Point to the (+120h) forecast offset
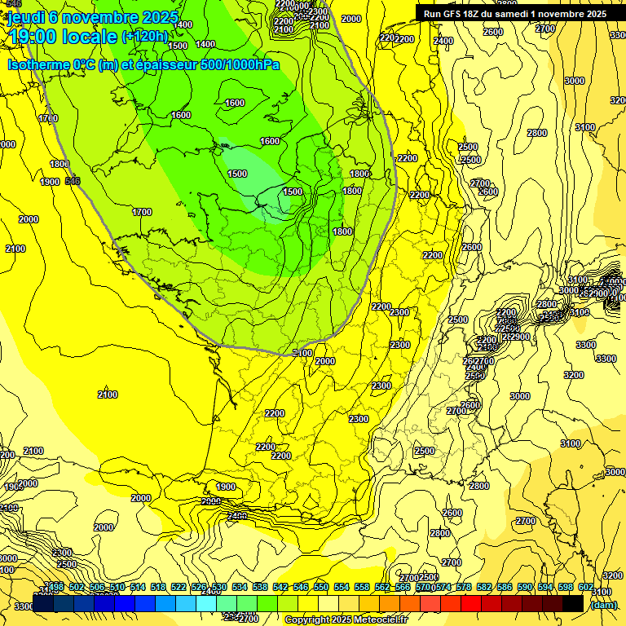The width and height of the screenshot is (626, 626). (144, 36)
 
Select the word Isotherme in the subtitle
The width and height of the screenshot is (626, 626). (38, 64)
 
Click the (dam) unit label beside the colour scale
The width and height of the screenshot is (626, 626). (603, 605)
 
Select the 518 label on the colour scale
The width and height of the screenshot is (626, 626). (159, 587)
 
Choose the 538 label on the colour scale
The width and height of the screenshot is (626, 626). (260, 587)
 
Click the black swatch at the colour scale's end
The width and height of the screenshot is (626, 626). (573, 603)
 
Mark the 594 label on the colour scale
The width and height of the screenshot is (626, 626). (545, 587)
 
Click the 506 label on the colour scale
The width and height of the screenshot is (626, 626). (97, 587)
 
